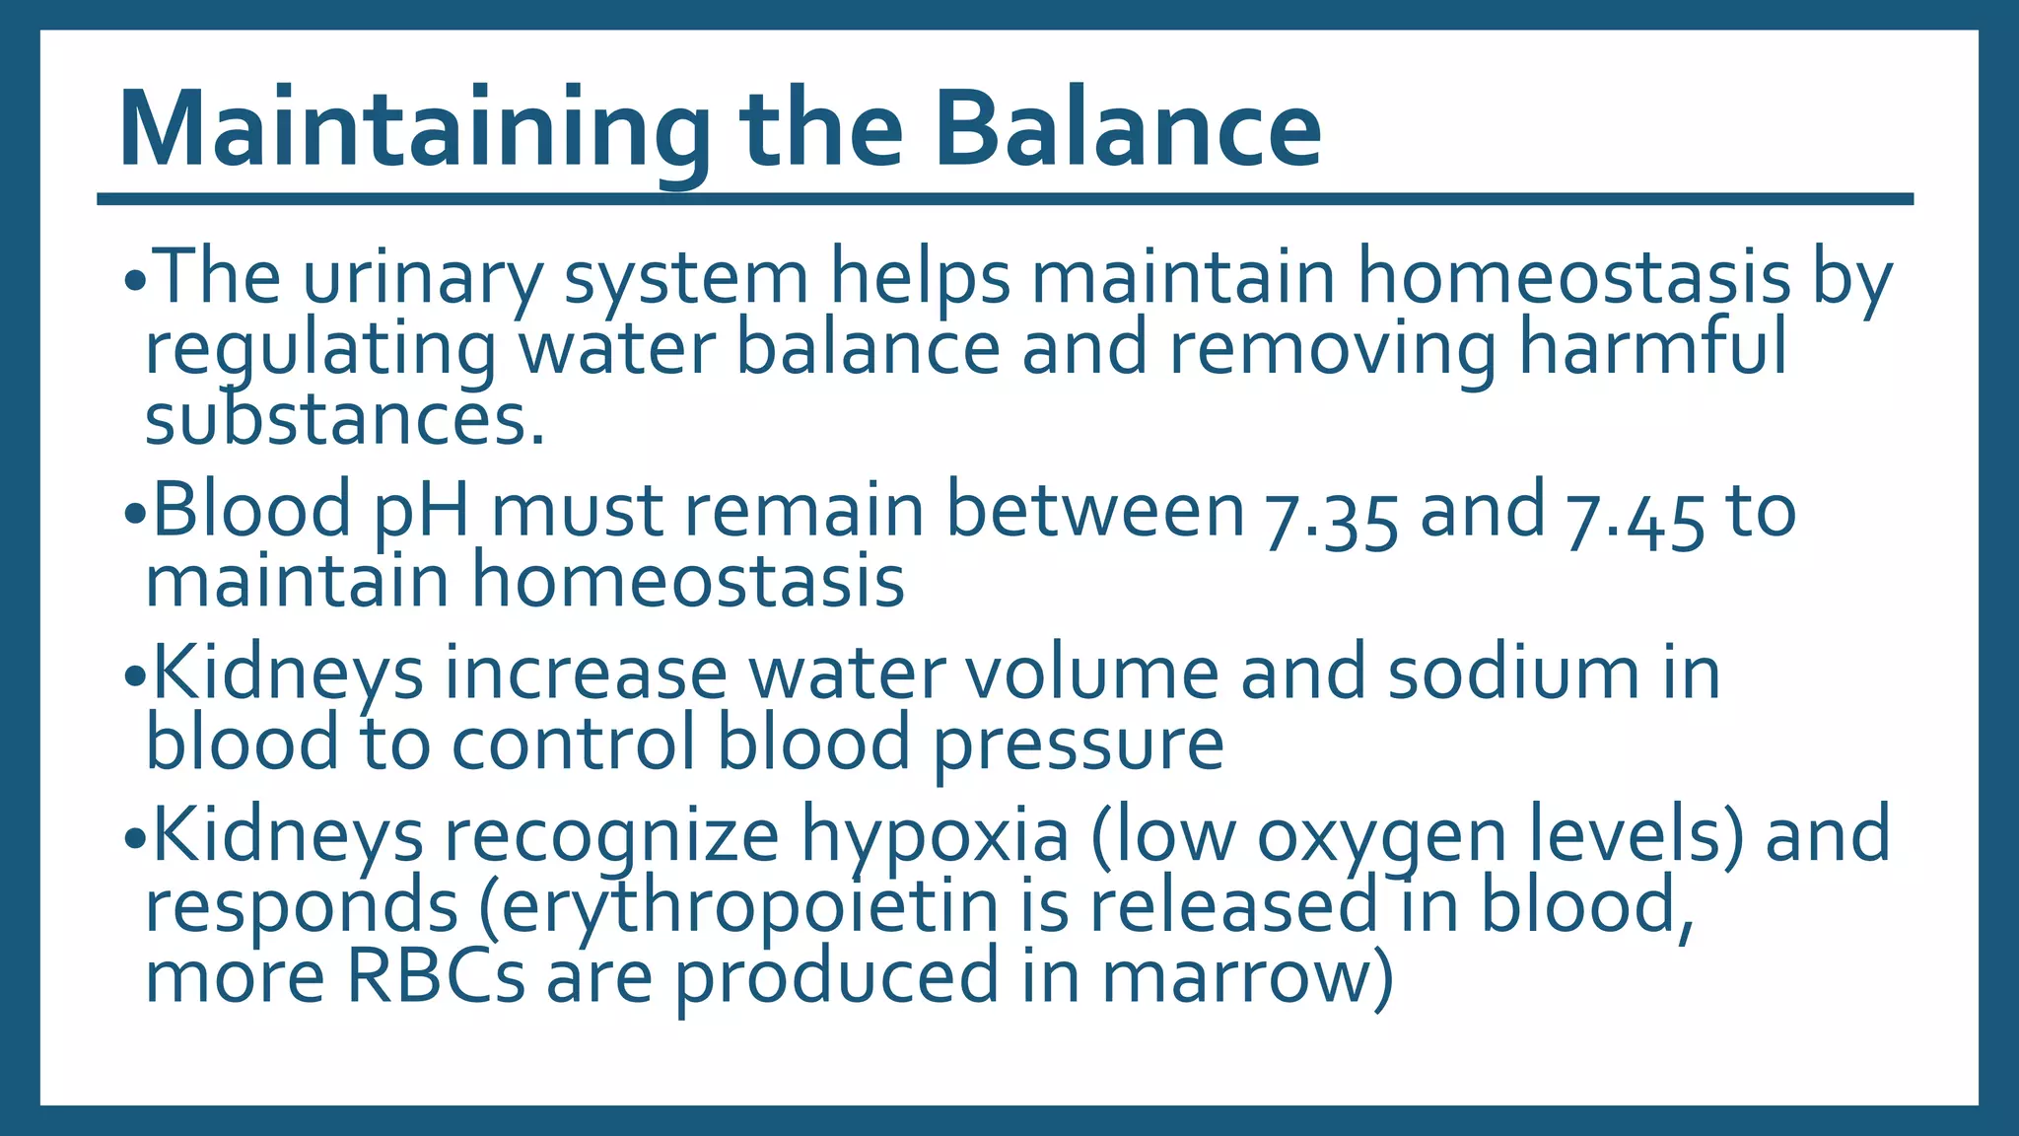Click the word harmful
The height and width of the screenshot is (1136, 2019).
1651,348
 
